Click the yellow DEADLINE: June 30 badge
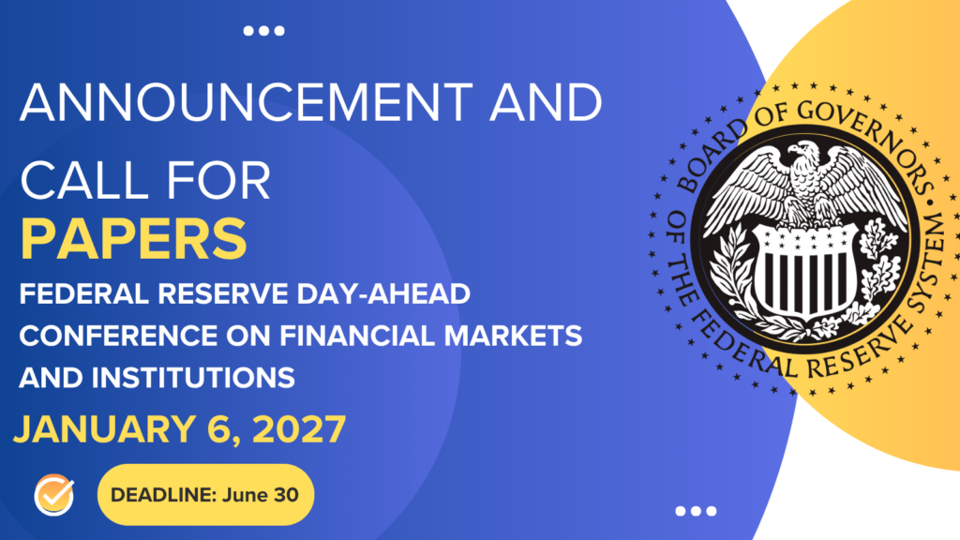click(x=205, y=494)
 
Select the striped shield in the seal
click(x=803, y=271)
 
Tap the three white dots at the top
click(x=263, y=31)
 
